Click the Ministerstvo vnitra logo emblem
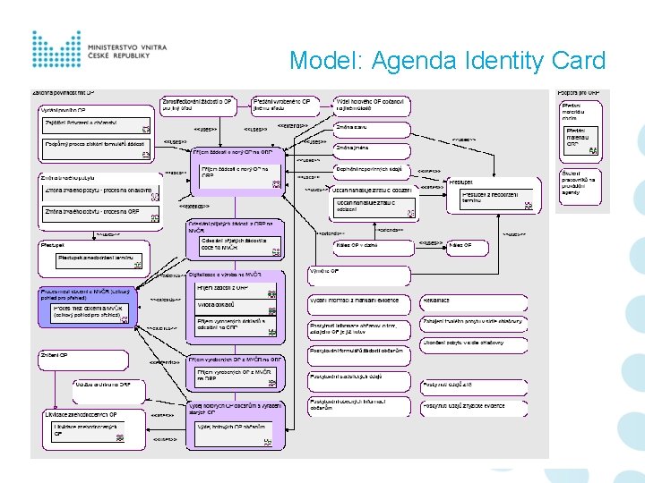point(56,49)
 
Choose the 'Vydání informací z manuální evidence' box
point(358,301)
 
